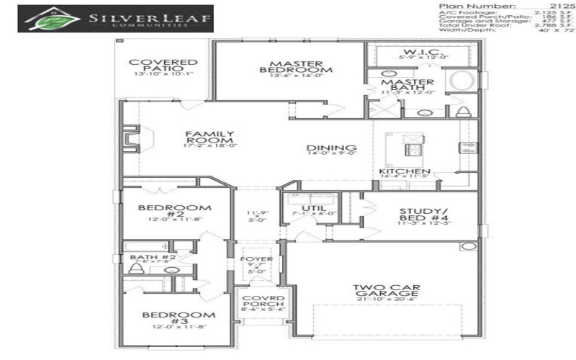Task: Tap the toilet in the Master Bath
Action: [x=464, y=111]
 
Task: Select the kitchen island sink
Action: [x=413, y=149]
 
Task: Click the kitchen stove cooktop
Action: [x=469, y=150]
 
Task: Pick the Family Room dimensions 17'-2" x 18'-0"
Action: [x=210, y=145]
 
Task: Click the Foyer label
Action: [x=257, y=258]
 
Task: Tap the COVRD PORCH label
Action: [x=257, y=302]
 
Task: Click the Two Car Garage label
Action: [x=387, y=292]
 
